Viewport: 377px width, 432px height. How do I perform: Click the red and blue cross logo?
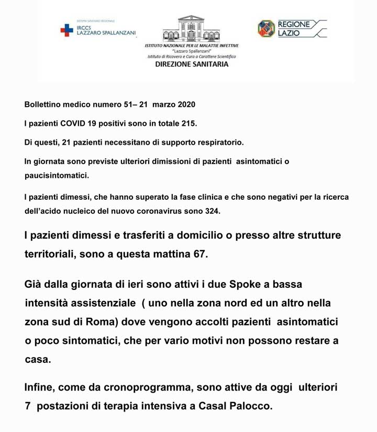tap(66, 30)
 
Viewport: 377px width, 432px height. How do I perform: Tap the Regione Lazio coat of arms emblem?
tap(266, 28)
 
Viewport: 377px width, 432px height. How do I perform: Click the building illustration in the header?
tap(191, 28)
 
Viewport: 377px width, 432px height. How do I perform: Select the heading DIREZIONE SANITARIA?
tap(192, 64)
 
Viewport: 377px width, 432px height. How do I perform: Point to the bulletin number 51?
tap(129, 104)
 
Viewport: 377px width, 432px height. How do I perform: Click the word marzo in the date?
tap(164, 104)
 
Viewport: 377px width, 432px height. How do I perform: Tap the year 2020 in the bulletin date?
tap(186, 104)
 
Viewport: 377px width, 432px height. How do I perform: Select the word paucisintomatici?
tap(57, 176)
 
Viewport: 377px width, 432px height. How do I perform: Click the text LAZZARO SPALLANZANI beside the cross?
tap(106, 33)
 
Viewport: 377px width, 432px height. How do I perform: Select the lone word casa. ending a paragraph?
tap(38, 360)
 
